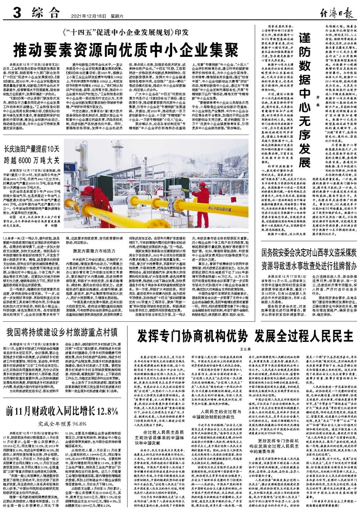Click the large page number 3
click(16, 14)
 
